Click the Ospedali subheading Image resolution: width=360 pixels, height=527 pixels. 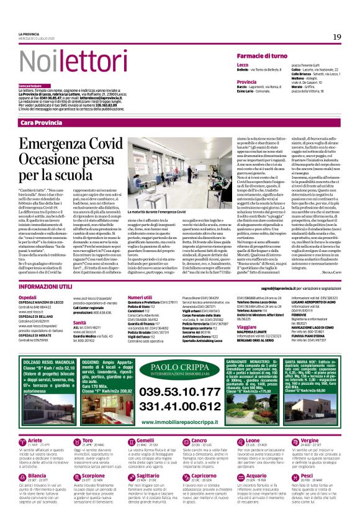[28, 297]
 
